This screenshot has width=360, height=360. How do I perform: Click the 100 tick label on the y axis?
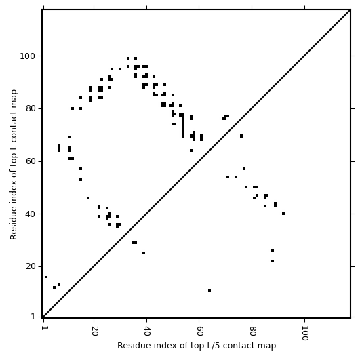[28, 56]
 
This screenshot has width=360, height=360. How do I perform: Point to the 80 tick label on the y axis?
[30, 108]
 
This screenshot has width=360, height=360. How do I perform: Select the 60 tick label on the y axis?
[30, 161]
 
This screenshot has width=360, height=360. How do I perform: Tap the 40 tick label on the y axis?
[30, 214]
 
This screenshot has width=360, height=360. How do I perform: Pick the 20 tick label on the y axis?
[30, 266]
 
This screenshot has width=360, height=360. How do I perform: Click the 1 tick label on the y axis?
[33, 317]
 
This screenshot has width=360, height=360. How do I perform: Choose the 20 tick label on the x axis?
[94, 331]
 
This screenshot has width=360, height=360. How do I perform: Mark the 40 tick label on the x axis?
[147, 331]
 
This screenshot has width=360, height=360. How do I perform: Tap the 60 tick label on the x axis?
[199, 331]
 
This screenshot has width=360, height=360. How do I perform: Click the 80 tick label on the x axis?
[253, 331]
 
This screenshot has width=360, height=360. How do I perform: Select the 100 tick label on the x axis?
[305, 333]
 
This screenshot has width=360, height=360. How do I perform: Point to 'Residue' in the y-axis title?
[14, 226]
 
